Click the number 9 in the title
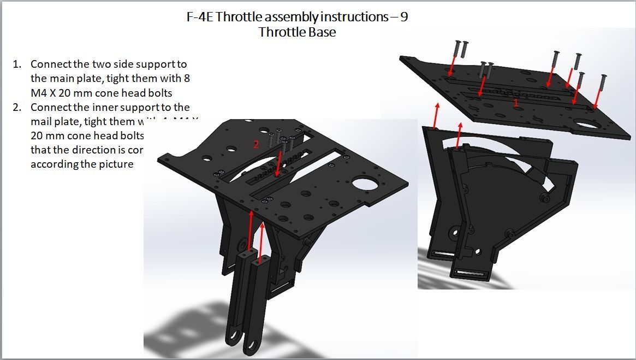pyautogui.click(x=403, y=17)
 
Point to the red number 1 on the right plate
pyautogui.click(x=516, y=102)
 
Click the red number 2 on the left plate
pyautogui.click(x=255, y=144)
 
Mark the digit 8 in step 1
pyautogui.click(x=187, y=79)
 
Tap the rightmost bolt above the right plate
pyautogui.click(x=603, y=82)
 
